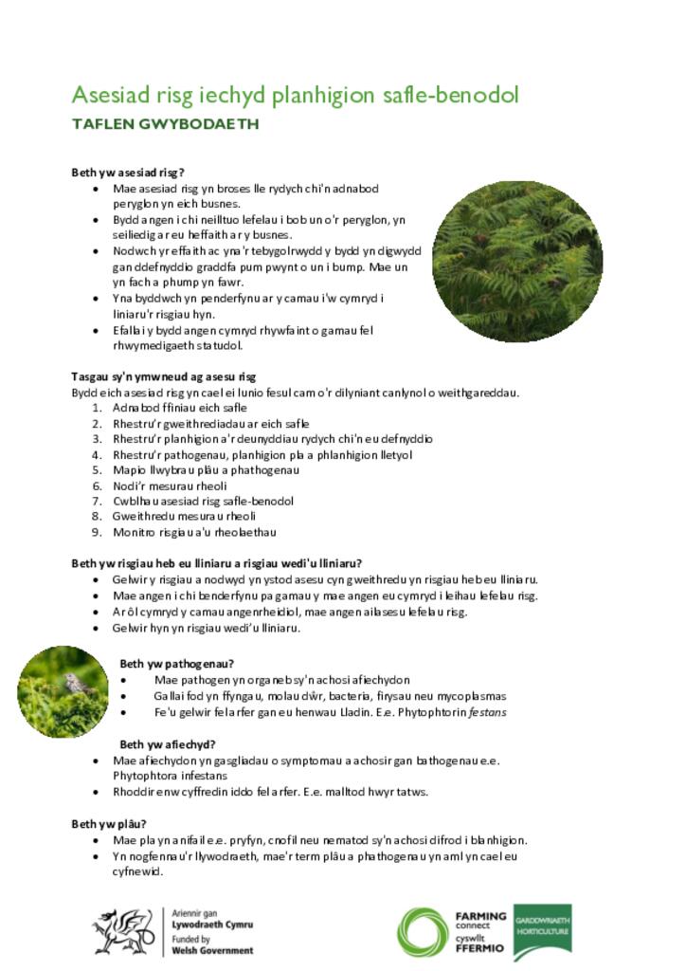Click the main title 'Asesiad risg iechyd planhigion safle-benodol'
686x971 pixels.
click(295, 95)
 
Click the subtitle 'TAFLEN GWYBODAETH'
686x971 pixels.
click(165, 124)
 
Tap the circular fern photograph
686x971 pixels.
click(517, 262)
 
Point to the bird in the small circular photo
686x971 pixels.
click(71, 682)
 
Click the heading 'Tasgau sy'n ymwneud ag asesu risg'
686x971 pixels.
click(164, 376)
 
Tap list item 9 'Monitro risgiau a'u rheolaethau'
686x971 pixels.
click(194, 532)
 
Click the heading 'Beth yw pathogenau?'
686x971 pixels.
click(177, 663)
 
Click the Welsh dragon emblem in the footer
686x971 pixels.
click(122, 931)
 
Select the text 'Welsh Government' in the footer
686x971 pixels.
click(212, 950)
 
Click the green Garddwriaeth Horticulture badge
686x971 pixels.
click(542, 932)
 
